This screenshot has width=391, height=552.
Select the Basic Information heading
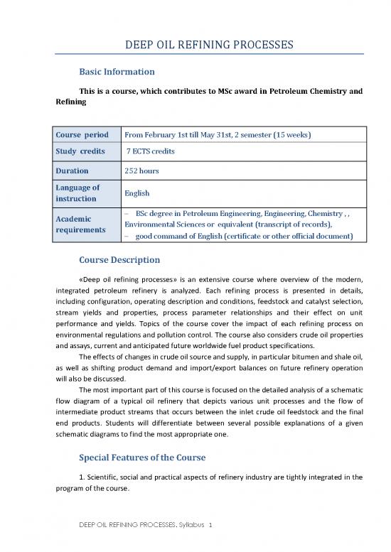click(x=117, y=72)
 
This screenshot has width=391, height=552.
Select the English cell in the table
click(x=137, y=193)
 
